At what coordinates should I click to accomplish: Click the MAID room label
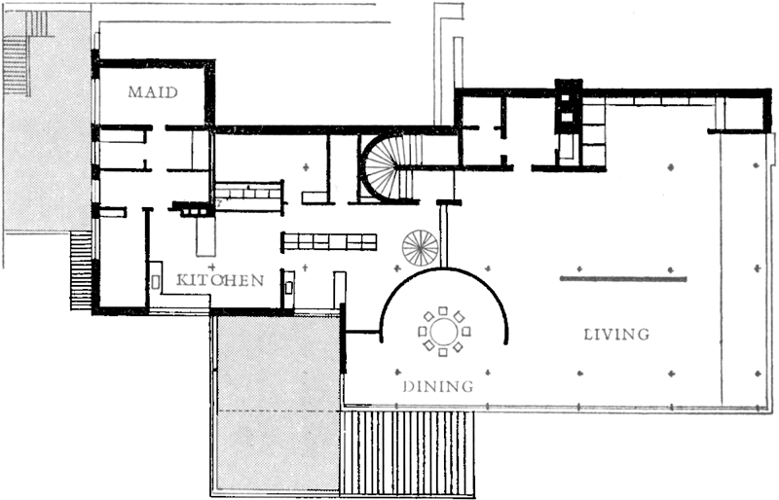click(153, 92)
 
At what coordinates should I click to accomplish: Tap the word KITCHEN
click(220, 280)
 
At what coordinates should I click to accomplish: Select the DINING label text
click(438, 386)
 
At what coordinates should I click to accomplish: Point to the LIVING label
click(616, 335)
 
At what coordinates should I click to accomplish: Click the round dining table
click(444, 332)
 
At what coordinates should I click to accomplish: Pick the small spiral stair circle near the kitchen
click(421, 248)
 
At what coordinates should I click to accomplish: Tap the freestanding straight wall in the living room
click(623, 279)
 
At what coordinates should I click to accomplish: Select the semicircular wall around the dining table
click(444, 269)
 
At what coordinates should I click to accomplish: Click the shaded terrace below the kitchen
click(277, 402)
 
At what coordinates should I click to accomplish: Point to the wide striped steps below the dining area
click(408, 451)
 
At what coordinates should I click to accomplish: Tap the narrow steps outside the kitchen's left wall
click(81, 270)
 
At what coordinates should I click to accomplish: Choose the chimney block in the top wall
click(569, 106)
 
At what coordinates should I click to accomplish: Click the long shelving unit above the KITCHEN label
click(329, 242)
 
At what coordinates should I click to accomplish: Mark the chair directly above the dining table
click(443, 312)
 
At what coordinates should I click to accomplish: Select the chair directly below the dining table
click(443, 352)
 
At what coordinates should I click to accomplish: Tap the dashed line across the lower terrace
click(279, 411)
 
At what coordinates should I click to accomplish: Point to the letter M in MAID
click(135, 92)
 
